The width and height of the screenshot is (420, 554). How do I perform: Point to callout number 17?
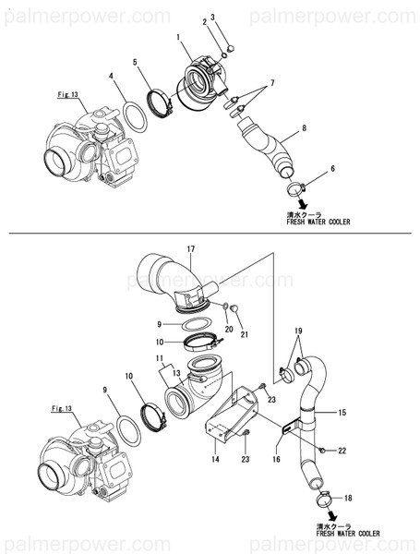pyautogui.click(x=191, y=249)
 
